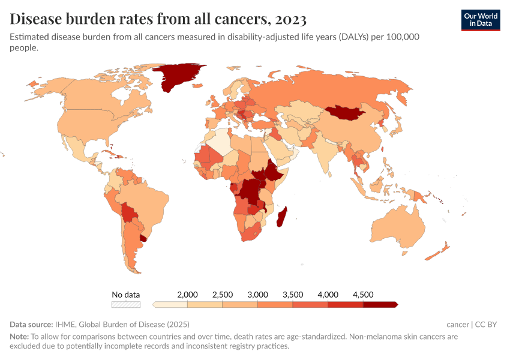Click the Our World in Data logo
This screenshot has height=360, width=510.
pos(481,20)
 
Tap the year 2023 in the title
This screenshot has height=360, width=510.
pos(291,20)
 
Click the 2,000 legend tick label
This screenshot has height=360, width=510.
pos(188,295)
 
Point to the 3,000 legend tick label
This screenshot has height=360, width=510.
pos(257,295)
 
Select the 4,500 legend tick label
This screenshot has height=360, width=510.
pos(363,295)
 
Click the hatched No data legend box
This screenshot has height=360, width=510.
pos(126,304)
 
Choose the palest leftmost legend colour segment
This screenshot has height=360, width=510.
pos(170,304)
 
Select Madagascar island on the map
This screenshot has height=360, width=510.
pos(281,216)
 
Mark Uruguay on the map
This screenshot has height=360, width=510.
pos(143,238)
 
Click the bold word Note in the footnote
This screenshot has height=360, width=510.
pos(19,337)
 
